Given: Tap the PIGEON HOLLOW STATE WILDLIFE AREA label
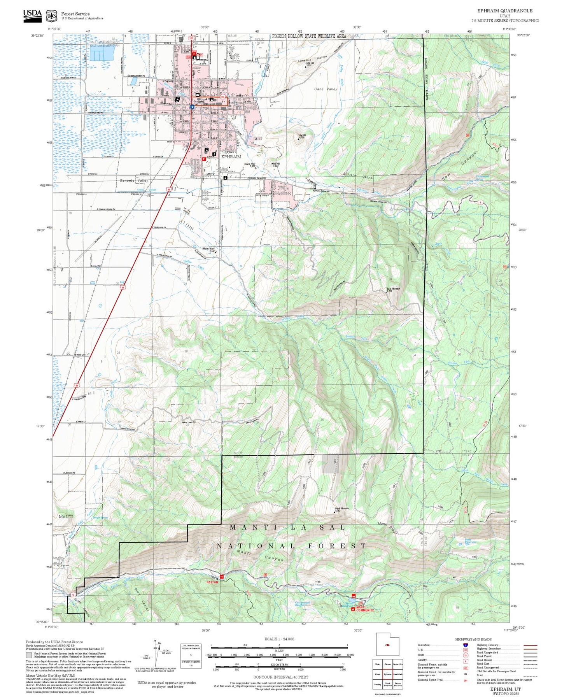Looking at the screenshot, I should click(309, 36).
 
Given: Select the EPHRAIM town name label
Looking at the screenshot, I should click(231, 157).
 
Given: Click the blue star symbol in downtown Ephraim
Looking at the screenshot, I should click(192, 106).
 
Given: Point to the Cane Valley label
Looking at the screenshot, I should click(326, 89).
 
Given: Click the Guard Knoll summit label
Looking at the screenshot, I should click(250, 165).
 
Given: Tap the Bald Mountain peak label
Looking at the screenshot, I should click(393, 289).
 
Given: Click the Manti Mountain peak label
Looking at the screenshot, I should click(342, 509).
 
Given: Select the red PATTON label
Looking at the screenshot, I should click(212, 582).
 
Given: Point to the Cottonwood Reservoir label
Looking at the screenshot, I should click(302, 604).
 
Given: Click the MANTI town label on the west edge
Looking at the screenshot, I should click(66, 517).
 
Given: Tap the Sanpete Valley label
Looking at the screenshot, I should click(134, 181).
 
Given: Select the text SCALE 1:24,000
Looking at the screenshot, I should click(279, 639).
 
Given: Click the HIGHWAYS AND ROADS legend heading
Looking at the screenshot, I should click(473, 639).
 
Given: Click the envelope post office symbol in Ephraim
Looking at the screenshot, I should click(197, 95).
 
